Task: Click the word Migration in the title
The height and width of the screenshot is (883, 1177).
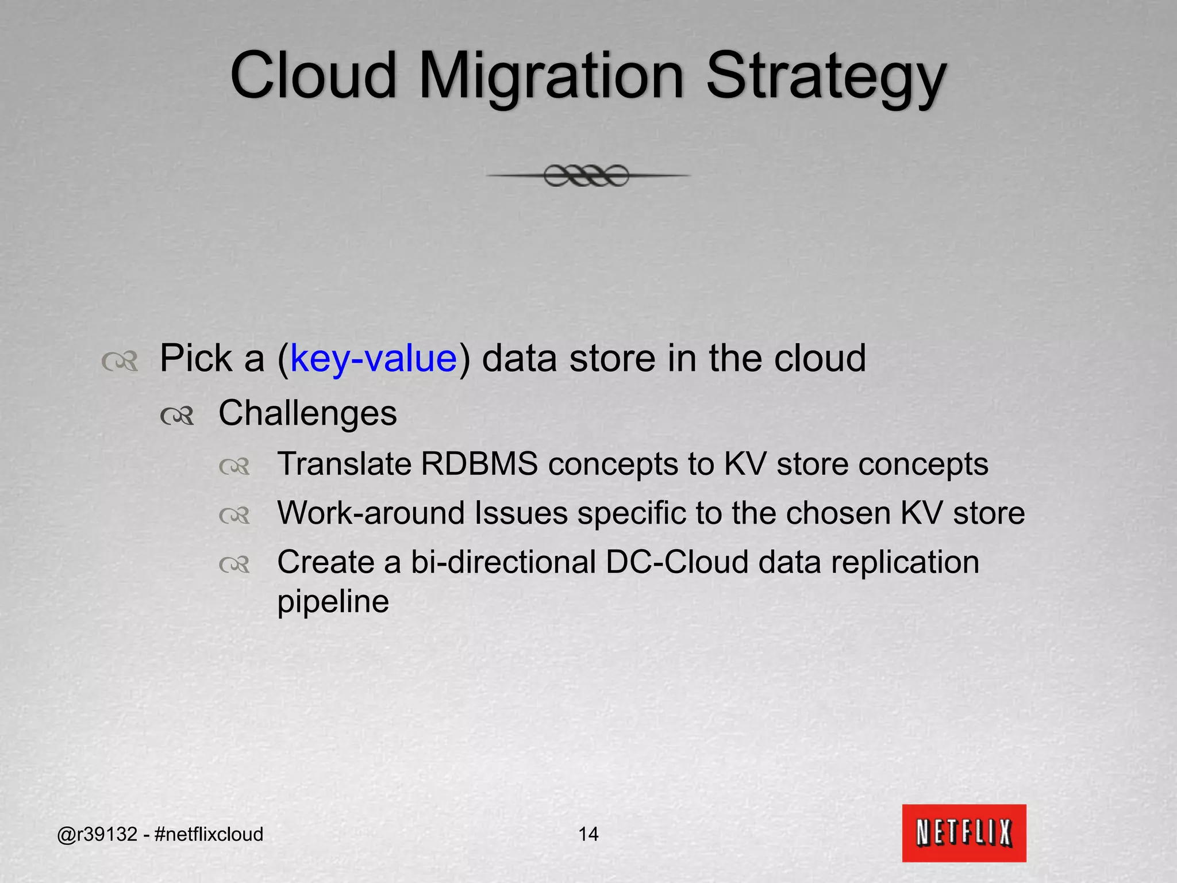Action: tap(551, 76)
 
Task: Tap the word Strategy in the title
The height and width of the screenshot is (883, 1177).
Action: tap(825, 76)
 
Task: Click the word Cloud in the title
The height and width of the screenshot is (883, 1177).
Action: tap(313, 76)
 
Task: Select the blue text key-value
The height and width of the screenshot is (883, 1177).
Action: tap(374, 358)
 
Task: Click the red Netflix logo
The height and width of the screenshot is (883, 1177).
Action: tap(964, 832)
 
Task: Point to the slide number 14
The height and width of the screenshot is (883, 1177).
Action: tap(588, 834)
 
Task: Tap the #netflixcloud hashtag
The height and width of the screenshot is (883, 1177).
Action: tap(209, 834)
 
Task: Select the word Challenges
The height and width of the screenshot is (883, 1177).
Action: tap(307, 413)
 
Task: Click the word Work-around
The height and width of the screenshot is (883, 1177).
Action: tap(371, 513)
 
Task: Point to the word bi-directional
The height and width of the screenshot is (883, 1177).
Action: tap(503, 562)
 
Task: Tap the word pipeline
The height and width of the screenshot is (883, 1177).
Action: tap(333, 602)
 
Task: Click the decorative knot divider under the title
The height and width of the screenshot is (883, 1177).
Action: tap(587, 175)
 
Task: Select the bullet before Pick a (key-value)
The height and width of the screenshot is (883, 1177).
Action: tap(119, 362)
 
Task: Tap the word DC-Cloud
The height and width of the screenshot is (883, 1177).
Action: tap(677, 562)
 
